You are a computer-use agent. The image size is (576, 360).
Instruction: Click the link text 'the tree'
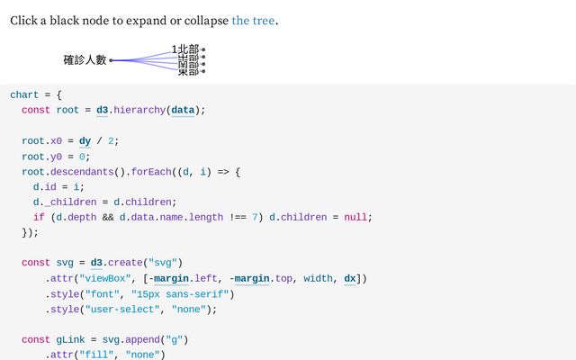click(253, 20)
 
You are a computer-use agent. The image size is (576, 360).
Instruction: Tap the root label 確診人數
click(85, 60)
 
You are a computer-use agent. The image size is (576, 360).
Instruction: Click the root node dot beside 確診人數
click(112, 60)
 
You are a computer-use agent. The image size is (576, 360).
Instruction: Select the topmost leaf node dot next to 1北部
click(203, 49)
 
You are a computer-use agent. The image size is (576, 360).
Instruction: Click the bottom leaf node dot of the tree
click(203, 71)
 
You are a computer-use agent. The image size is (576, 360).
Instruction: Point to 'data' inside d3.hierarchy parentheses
click(184, 110)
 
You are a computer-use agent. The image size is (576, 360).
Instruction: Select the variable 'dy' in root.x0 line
click(85, 140)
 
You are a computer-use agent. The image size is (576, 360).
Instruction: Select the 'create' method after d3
click(124, 263)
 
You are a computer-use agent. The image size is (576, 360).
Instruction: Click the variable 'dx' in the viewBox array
click(350, 278)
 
